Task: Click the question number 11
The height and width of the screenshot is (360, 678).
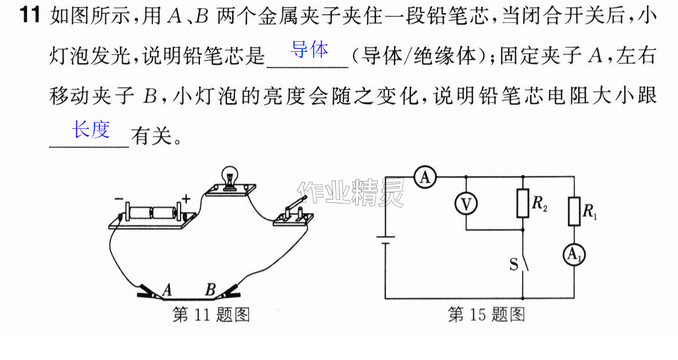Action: tap(29, 15)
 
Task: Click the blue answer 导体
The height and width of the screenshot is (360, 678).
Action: tap(309, 50)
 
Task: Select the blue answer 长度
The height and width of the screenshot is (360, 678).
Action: tap(91, 129)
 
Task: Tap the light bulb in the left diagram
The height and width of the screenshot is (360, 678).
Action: tap(230, 178)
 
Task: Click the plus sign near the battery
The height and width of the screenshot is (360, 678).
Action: tap(186, 199)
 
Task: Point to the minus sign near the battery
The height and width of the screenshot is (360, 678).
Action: tap(119, 199)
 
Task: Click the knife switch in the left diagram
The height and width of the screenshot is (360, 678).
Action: tap(293, 211)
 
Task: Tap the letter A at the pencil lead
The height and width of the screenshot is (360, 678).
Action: tap(167, 289)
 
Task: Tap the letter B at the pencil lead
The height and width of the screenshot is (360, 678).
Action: tap(211, 289)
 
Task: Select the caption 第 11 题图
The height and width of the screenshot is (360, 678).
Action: tap(211, 315)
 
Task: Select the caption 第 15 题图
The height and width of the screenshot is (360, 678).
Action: tap(486, 315)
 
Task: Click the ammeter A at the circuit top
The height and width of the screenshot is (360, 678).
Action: tap(425, 177)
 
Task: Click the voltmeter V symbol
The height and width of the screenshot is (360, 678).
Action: tap(466, 204)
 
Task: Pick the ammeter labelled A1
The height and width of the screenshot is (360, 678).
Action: tap(574, 255)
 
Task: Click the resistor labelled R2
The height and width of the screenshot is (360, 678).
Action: tap(523, 203)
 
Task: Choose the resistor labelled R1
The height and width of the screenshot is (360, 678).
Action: tap(574, 211)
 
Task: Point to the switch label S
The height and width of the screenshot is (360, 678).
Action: tap(514, 264)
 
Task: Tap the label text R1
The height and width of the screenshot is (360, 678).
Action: tap(590, 212)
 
